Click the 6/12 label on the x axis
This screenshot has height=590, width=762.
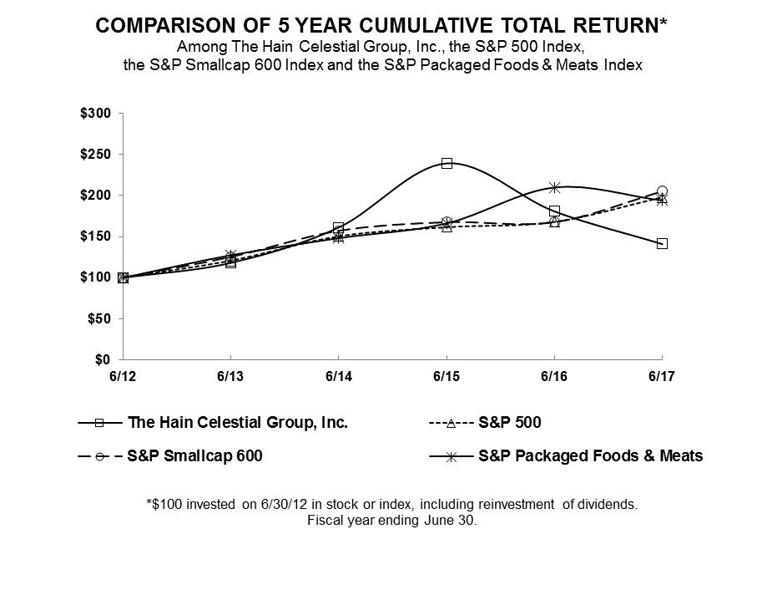pos(123,376)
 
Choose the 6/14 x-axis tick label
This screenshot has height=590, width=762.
pos(338,376)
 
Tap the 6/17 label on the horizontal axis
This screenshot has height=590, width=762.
pos(662,376)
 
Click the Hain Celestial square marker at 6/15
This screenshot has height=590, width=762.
pos(447,163)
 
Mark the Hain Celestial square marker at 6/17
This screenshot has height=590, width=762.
pos(662,243)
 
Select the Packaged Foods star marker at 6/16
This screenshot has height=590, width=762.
pos(554,187)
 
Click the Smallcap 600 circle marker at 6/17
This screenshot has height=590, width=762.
pos(662,191)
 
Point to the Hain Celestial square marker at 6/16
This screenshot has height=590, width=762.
pos(554,211)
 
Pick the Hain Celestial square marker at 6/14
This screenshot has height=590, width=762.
pos(338,228)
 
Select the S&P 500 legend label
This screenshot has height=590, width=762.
pos(509,423)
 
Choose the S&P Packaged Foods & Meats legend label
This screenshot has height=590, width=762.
pos(591,455)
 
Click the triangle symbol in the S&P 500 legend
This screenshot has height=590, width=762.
pos(451,424)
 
